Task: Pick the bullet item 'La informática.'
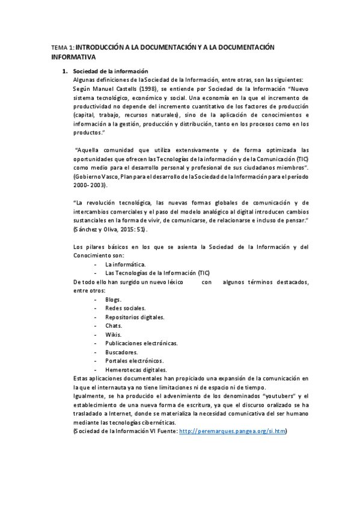coord(125,264)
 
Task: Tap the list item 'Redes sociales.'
coord(125,308)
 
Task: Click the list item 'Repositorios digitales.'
coord(135,317)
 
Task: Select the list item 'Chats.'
coord(114,325)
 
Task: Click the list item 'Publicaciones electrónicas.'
coord(141,343)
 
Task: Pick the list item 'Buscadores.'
coord(121,352)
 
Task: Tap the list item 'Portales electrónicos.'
coord(134,361)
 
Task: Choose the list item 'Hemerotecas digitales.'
coord(136,370)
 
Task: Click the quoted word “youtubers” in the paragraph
coord(279,396)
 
